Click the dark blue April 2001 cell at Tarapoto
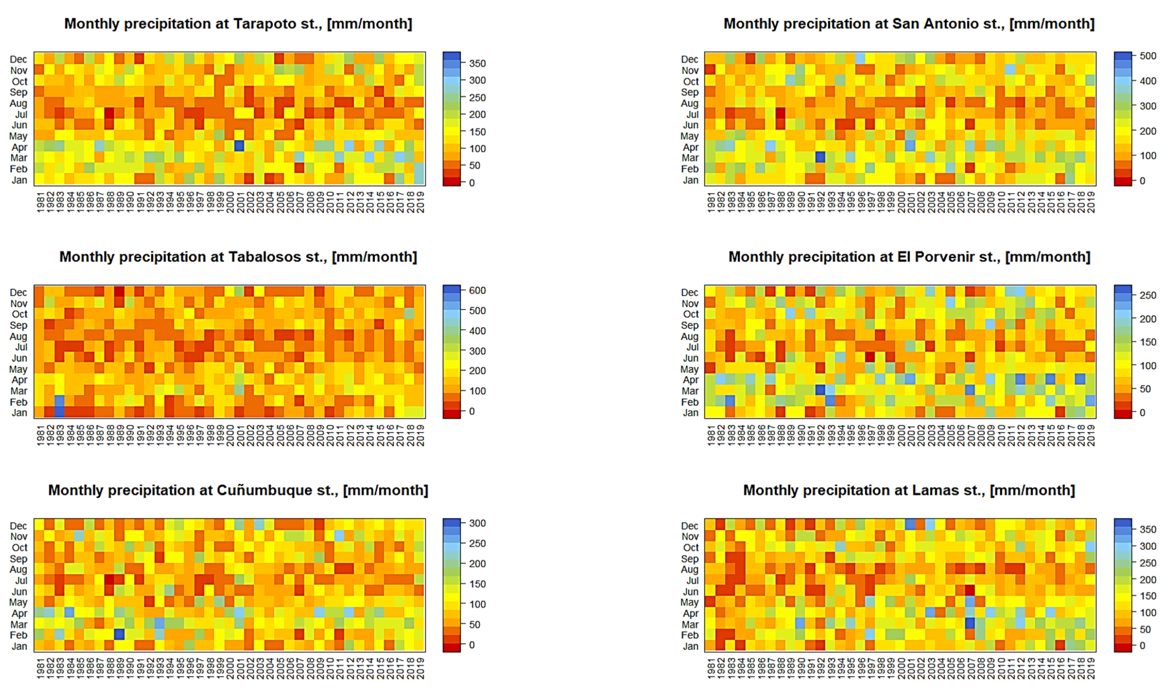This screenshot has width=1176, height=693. (x=239, y=146)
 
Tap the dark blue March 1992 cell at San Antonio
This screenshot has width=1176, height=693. (x=820, y=157)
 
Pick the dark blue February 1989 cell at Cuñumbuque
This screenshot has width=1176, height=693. (x=119, y=634)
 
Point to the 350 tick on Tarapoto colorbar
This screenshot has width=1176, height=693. (x=477, y=63)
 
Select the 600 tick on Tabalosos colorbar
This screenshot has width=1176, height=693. (x=477, y=290)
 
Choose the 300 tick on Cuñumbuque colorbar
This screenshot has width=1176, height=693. (x=477, y=523)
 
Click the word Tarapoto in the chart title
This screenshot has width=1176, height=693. (x=264, y=24)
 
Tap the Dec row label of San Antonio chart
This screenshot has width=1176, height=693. (x=689, y=59)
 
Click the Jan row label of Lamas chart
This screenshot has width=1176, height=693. (x=690, y=646)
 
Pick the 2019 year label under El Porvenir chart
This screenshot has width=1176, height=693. (x=1091, y=435)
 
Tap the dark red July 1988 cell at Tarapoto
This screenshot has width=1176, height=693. (x=109, y=113)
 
